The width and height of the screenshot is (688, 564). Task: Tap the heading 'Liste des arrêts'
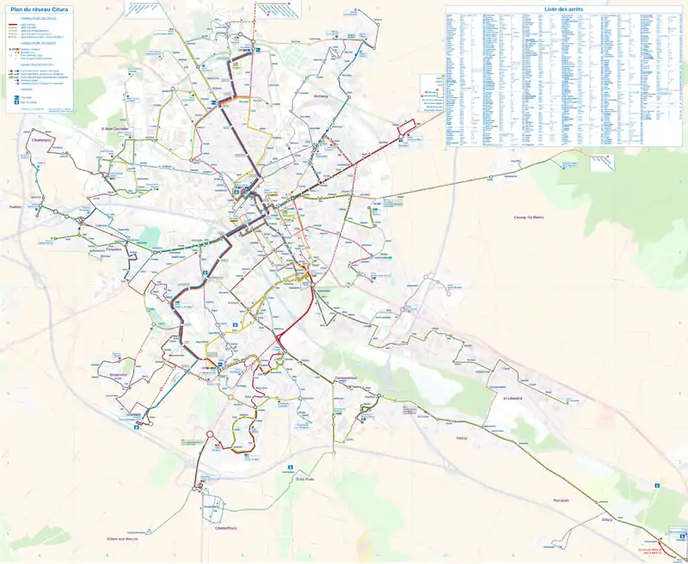point(563,9)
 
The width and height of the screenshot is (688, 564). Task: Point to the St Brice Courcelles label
point(114,129)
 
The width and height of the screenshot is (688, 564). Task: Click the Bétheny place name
point(322,96)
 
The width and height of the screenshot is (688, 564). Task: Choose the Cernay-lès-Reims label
point(529,218)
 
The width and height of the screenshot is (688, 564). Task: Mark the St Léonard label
point(513,398)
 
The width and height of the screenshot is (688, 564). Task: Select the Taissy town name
point(462,437)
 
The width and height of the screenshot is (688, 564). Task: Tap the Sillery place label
point(606,519)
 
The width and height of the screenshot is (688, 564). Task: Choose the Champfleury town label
point(225,528)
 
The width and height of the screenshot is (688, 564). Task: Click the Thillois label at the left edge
point(14,206)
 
